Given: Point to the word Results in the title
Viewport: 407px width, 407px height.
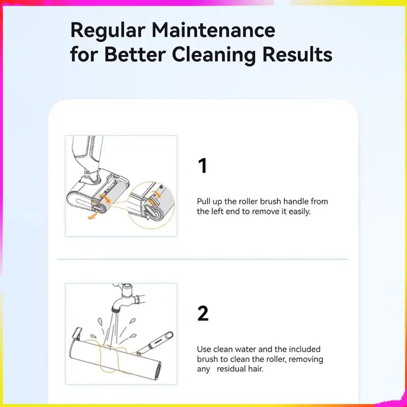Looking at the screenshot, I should (x=298, y=54).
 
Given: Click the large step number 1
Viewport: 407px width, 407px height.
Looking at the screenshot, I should (x=202, y=166).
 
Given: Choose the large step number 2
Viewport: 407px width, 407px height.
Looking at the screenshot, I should (x=202, y=313).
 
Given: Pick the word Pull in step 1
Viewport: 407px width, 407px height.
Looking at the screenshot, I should (x=203, y=201).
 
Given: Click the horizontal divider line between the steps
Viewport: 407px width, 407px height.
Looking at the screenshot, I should (x=203, y=259).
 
